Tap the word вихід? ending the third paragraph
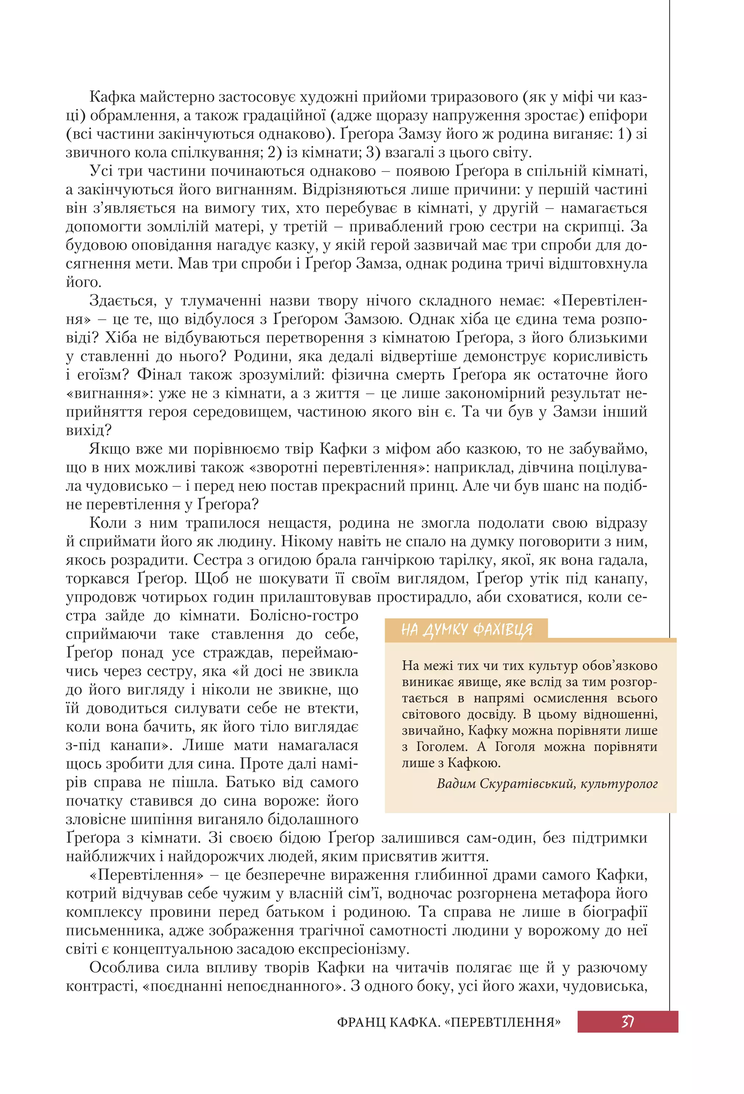coord(89,430)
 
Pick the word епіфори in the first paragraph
coord(618,116)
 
